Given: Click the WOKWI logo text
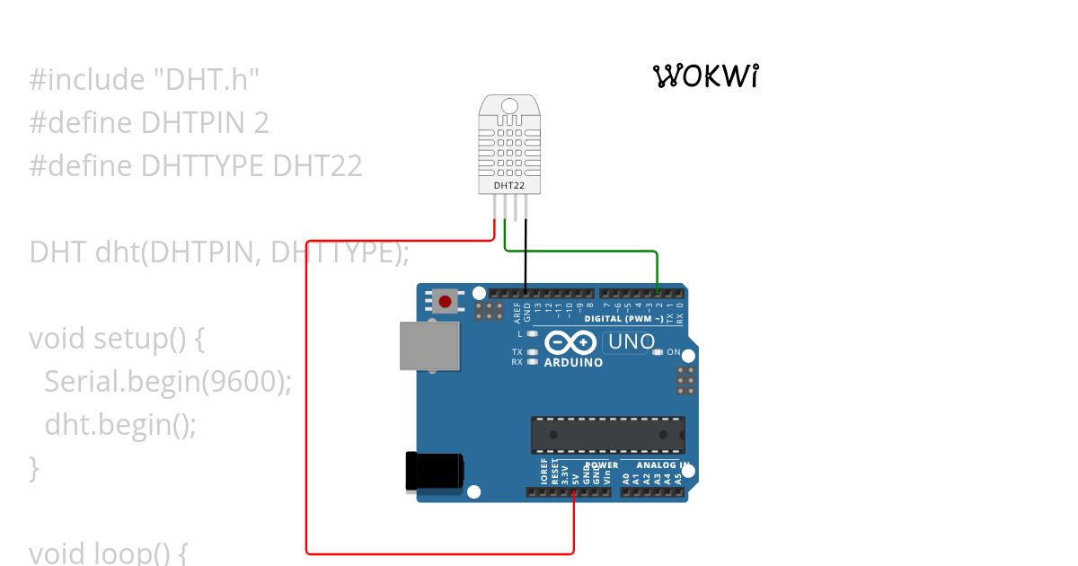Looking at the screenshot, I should click(707, 76).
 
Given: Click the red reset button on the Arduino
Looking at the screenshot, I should click(445, 300).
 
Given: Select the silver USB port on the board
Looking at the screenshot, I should click(429, 346).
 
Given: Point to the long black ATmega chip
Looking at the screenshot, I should click(607, 434).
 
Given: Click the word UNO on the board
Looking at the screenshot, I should click(632, 342).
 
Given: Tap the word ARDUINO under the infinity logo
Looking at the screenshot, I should click(573, 363).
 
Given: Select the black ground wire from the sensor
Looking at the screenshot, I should click(526, 261).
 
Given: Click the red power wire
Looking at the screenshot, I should click(307, 404).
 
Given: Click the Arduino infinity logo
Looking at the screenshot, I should click(570, 343).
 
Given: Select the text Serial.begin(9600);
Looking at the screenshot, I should click(169, 381).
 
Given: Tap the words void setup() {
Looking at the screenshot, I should click(118, 339).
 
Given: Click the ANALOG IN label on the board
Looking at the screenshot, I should click(663, 465).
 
